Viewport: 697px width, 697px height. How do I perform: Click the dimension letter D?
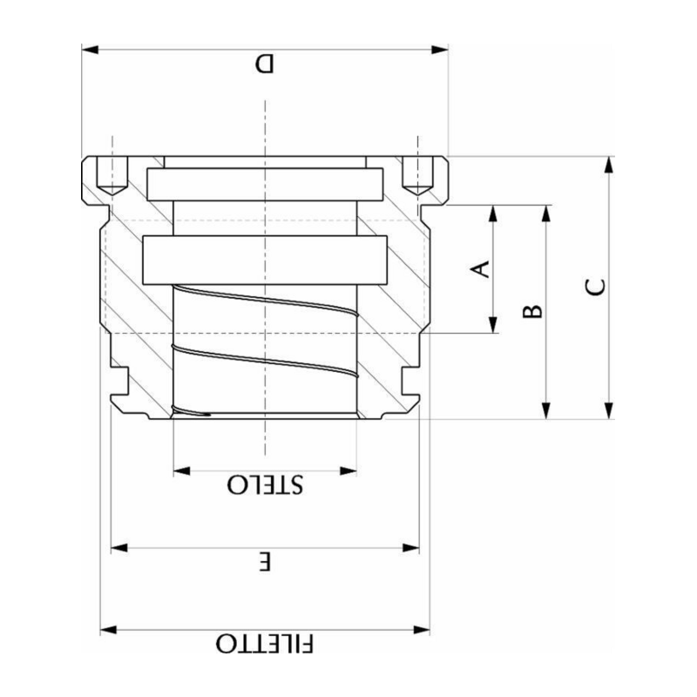tap(264, 64)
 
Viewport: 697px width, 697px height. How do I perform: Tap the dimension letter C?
tap(594, 288)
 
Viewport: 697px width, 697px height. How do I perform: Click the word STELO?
tap(266, 485)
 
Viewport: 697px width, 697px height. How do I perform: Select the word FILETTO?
tap(266, 645)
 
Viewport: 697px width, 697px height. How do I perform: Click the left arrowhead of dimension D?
tap(88, 49)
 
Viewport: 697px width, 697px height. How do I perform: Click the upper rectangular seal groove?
tap(265, 182)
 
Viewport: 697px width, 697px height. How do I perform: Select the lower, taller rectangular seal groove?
tap(265, 260)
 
